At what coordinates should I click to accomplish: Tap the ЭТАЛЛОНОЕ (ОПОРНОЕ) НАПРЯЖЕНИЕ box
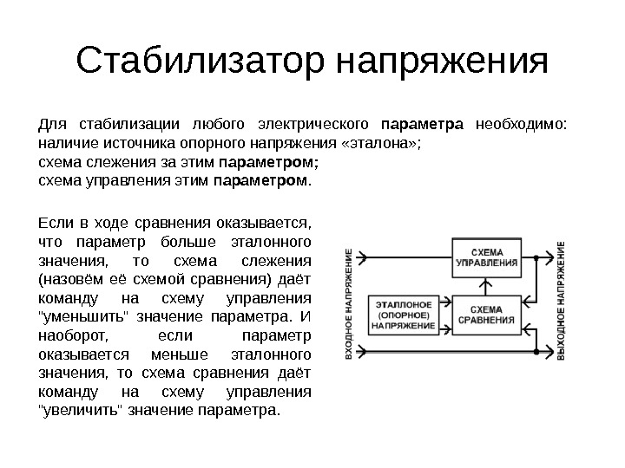pos(405,315)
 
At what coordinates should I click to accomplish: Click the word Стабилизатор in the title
pos(199,62)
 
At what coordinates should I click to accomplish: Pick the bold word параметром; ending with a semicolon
pos(269,161)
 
